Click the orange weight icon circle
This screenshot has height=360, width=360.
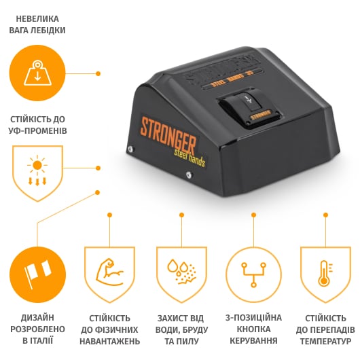tap(37, 73)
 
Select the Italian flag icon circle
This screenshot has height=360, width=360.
tap(37, 275)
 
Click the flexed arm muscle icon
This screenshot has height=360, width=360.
tap(109, 272)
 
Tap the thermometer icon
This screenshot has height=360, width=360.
tap(325, 273)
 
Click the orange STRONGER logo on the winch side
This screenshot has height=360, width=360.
tap(168, 136)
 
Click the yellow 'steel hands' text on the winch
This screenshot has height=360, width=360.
tap(190, 158)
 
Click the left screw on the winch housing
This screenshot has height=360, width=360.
tap(130, 149)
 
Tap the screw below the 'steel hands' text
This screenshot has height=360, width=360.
tap(189, 175)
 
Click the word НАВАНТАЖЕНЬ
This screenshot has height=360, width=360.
tap(110, 341)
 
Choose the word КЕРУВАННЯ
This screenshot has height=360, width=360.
tap(253, 341)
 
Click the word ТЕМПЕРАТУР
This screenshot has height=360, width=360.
tap(325, 341)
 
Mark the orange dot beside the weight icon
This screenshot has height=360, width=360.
tap(98, 74)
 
